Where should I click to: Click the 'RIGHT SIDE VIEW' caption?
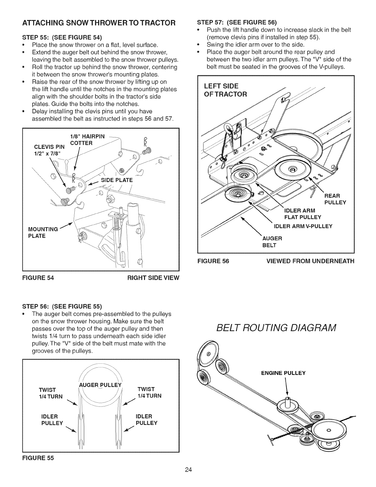(x=153, y=278)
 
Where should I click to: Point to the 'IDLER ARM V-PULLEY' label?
(x=303, y=226)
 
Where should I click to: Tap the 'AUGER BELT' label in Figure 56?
(x=272, y=242)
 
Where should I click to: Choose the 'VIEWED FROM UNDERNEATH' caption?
(x=310, y=261)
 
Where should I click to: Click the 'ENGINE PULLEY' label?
(x=283, y=373)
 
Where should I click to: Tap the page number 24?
(x=188, y=478)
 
